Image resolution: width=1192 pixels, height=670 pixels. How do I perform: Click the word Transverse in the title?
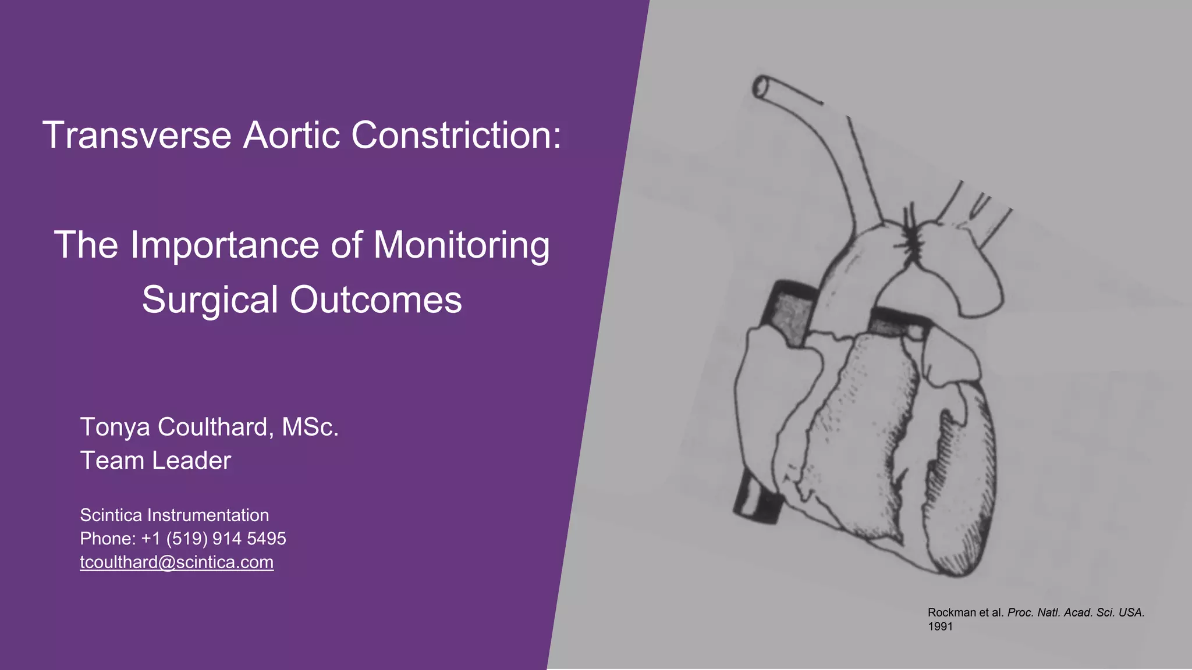point(137,136)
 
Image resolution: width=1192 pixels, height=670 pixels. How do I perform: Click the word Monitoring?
point(461,245)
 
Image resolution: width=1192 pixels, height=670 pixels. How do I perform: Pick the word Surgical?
point(210,300)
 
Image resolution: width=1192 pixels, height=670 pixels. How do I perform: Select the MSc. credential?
point(310,427)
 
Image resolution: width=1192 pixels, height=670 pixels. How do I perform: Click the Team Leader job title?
point(155,461)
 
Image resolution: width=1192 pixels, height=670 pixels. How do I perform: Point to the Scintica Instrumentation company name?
point(174,515)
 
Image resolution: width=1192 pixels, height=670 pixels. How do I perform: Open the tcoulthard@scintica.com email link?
point(176,562)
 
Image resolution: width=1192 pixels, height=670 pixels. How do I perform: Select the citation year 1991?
point(940,626)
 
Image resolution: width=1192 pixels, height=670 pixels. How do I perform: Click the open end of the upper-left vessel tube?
point(761,87)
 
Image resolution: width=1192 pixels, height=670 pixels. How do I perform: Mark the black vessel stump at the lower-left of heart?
point(757,500)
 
